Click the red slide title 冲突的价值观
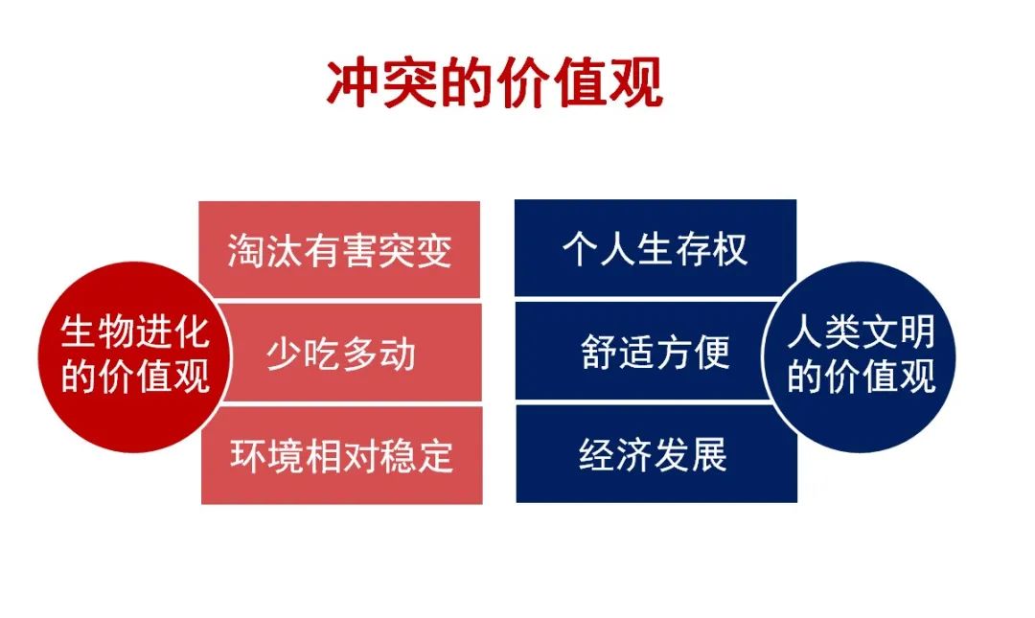click(494, 83)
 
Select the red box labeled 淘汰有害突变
click(339, 249)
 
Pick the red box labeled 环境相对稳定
click(341, 455)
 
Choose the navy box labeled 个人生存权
click(655, 248)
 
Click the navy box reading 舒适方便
click(644, 352)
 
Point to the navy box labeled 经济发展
click(656, 454)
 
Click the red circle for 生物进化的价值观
click(135, 356)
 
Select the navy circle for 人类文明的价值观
click(860, 356)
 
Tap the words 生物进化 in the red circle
click(135, 332)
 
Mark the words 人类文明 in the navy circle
click(862, 332)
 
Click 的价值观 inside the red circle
click(135, 377)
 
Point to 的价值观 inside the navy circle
click(862, 377)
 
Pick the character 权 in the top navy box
click(730, 249)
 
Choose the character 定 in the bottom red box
click(436, 455)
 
